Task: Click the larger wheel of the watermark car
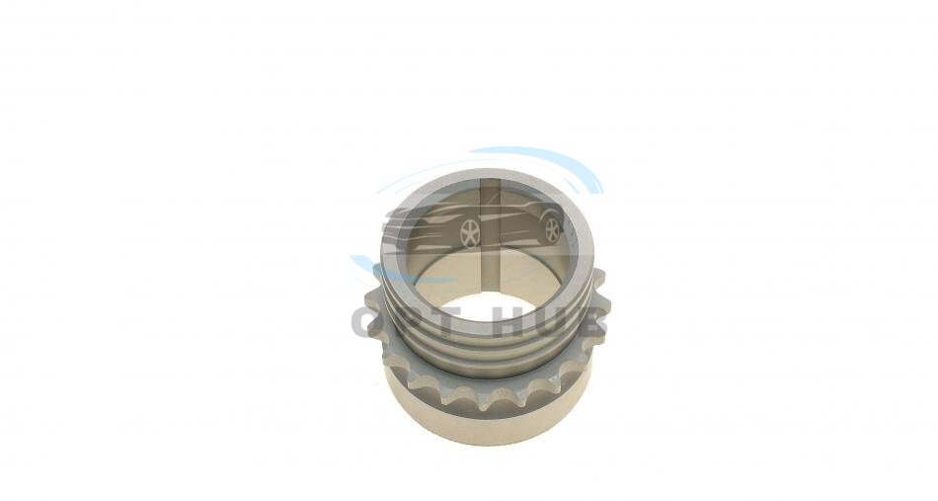coord(470,233)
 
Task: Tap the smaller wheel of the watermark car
coord(552,230)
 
